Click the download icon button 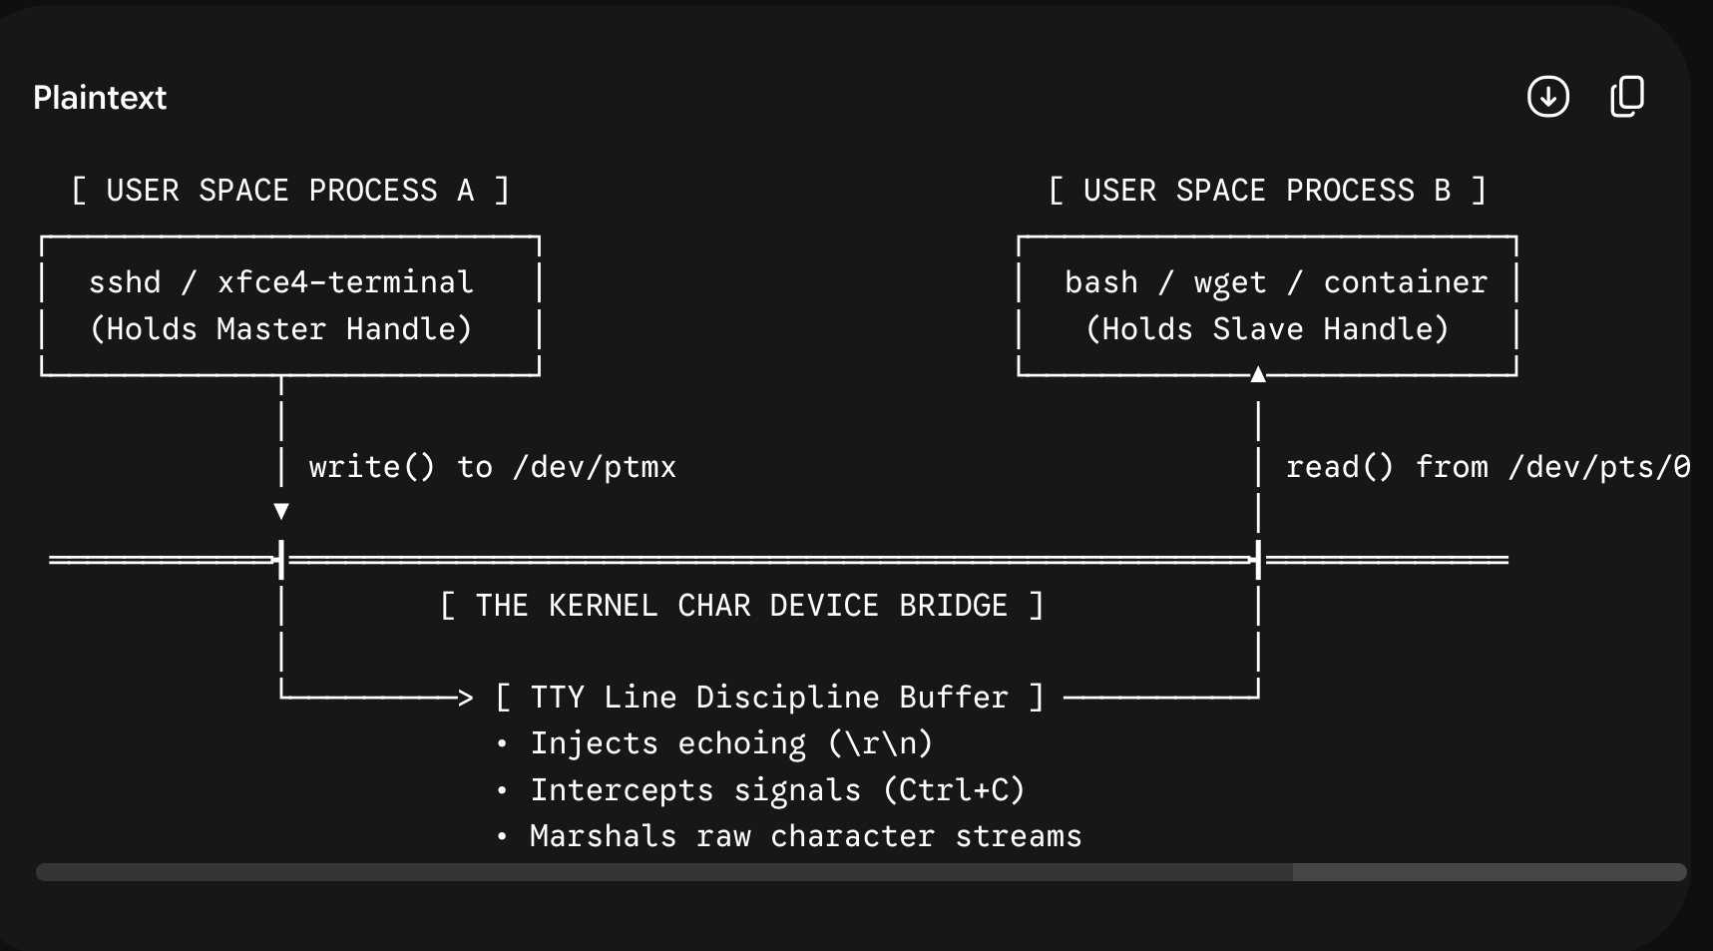[x=1548, y=97]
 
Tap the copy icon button [x=1627, y=97]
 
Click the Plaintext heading [x=100, y=98]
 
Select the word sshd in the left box [x=125, y=282]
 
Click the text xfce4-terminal [x=345, y=282]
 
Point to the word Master [x=271, y=329]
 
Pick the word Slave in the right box [x=1258, y=329]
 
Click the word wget [x=1230, y=283]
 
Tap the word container [x=1406, y=282]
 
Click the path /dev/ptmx [x=595, y=467]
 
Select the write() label [x=372, y=467]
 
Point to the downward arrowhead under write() [x=281, y=512]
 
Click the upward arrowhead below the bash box [x=1258, y=374]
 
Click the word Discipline [x=788, y=697]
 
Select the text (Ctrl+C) [x=954, y=790]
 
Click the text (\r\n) [x=880, y=743]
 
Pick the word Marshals [x=603, y=836]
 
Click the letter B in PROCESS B [x=1442, y=191]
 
